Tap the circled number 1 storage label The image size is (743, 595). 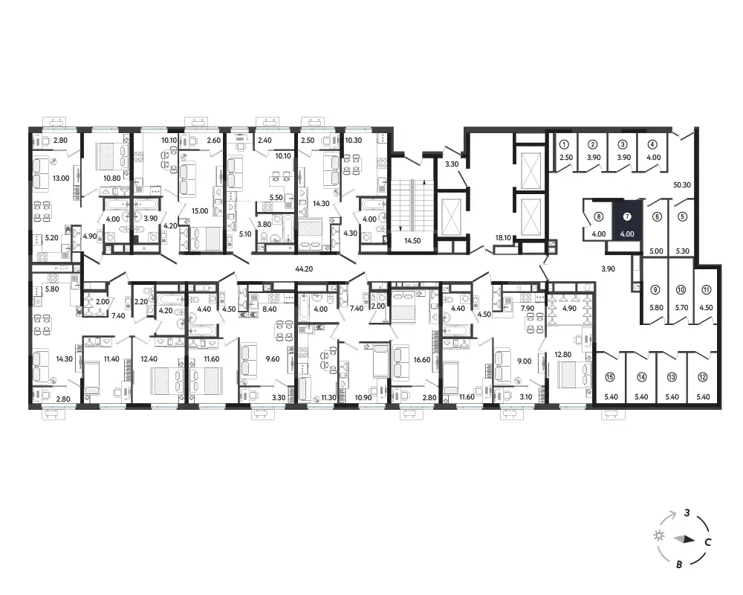click(564, 144)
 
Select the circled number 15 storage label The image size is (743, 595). click(610, 377)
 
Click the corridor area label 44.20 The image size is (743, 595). click(304, 269)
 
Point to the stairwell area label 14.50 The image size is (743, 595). click(412, 240)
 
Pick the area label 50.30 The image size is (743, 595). click(682, 185)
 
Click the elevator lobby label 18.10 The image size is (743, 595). click(503, 238)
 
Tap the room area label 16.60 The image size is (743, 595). click(422, 360)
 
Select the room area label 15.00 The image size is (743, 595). click(200, 210)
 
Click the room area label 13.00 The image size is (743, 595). click(61, 178)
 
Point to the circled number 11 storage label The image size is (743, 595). click(706, 290)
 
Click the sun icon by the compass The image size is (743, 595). click(658, 535)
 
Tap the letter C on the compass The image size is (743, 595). click(707, 542)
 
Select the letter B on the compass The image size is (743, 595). click(679, 565)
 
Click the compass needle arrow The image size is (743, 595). click(684, 539)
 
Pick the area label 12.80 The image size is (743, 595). click(563, 355)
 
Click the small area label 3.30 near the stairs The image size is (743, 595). click(452, 164)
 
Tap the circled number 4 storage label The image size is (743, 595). click(652, 144)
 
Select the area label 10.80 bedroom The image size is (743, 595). click(112, 178)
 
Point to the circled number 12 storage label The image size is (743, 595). click(702, 377)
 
